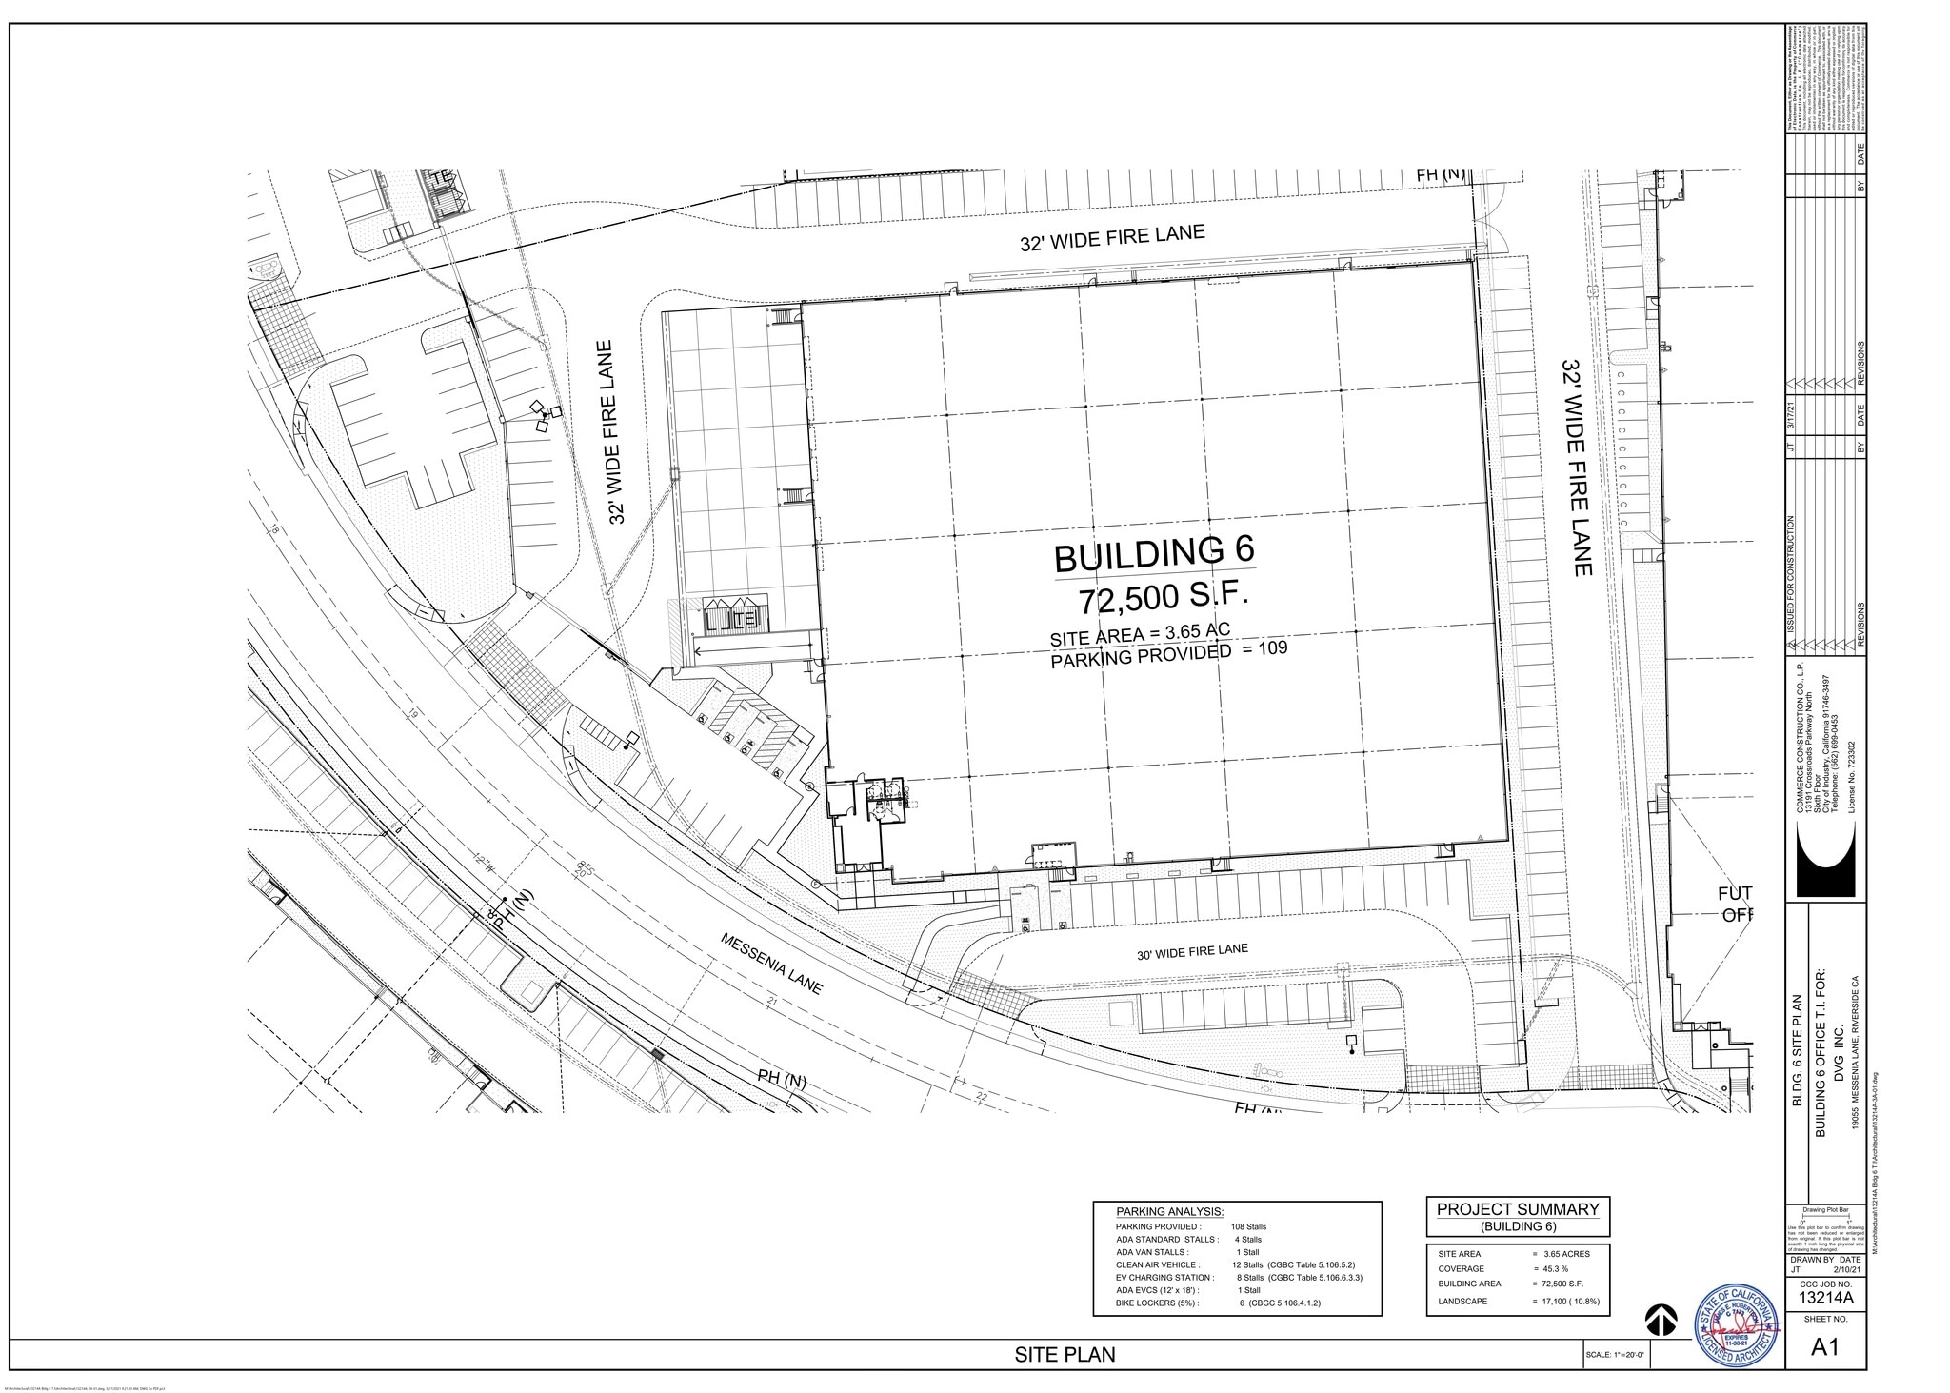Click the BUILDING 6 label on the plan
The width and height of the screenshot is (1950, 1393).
coord(1154,555)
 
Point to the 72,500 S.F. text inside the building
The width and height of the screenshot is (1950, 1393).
coord(1162,601)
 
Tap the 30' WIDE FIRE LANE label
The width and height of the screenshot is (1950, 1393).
coord(1191,951)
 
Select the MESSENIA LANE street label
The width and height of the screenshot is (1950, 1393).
coord(771,964)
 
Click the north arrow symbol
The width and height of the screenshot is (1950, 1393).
coord(1660,1320)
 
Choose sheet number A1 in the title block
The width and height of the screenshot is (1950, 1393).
coord(1823,1347)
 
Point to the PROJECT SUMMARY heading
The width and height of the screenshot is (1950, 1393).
coord(1518,1209)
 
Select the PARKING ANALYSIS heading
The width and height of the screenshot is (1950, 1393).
coord(1169,1211)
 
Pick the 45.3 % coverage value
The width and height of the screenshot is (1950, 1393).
coord(1549,1268)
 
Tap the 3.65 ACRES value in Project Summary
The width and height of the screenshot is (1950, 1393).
coord(1561,1253)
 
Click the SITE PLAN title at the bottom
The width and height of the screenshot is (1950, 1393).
coord(1065,1355)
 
